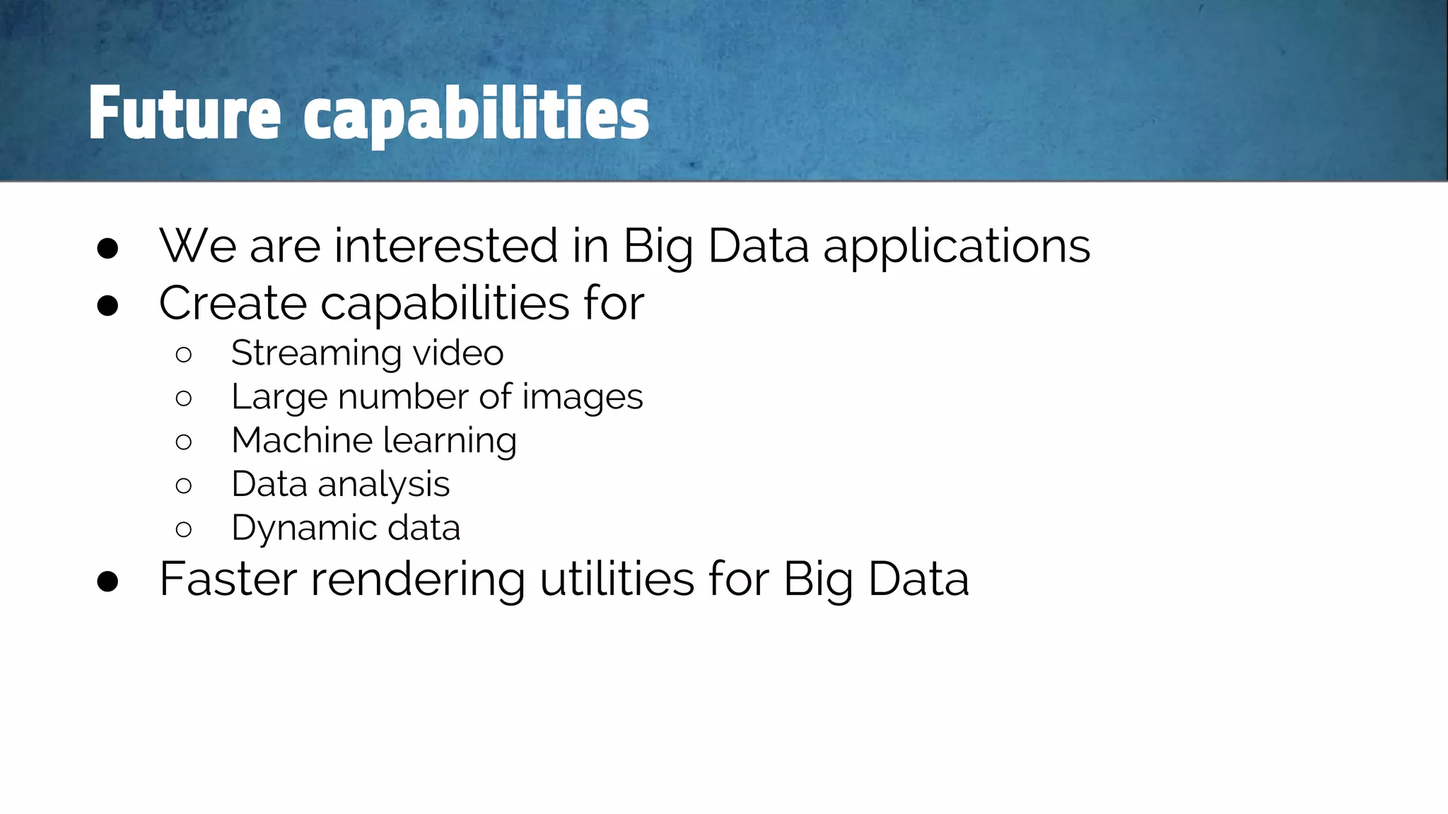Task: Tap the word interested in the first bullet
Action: pyautogui.click(x=446, y=246)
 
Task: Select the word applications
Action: pyautogui.click(x=957, y=247)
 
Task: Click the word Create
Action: pyautogui.click(x=233, y=303)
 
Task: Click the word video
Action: pyautogui.click(x=458, y=353)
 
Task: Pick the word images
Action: pyautogui.click(x=582, y=397)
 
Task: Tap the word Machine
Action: pyautogui.click(x=302, y=440)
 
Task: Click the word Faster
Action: pyautogui.click(x=228, y=579)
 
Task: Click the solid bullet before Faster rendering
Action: pyautogui.click(x=107, y=582)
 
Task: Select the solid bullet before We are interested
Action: pyautogui.click(x=107, y=249)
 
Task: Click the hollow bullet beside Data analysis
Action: pyautogui.click(x=183, y=485)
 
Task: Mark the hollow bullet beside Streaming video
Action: pyautogui.click(x=183, y=355)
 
